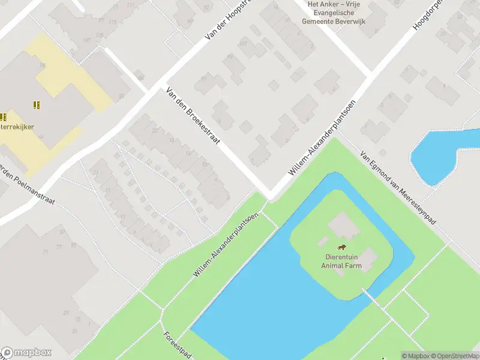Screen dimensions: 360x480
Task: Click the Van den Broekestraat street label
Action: point(193,118)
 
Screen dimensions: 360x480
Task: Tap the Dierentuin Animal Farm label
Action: point(341,262)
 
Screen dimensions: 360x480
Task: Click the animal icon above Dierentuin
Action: point(341,248)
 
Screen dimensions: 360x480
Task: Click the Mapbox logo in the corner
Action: point(26,353)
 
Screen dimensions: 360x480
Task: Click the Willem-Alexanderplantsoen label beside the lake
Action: point(226,244)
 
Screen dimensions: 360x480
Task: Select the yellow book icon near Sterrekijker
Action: point(37,105)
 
